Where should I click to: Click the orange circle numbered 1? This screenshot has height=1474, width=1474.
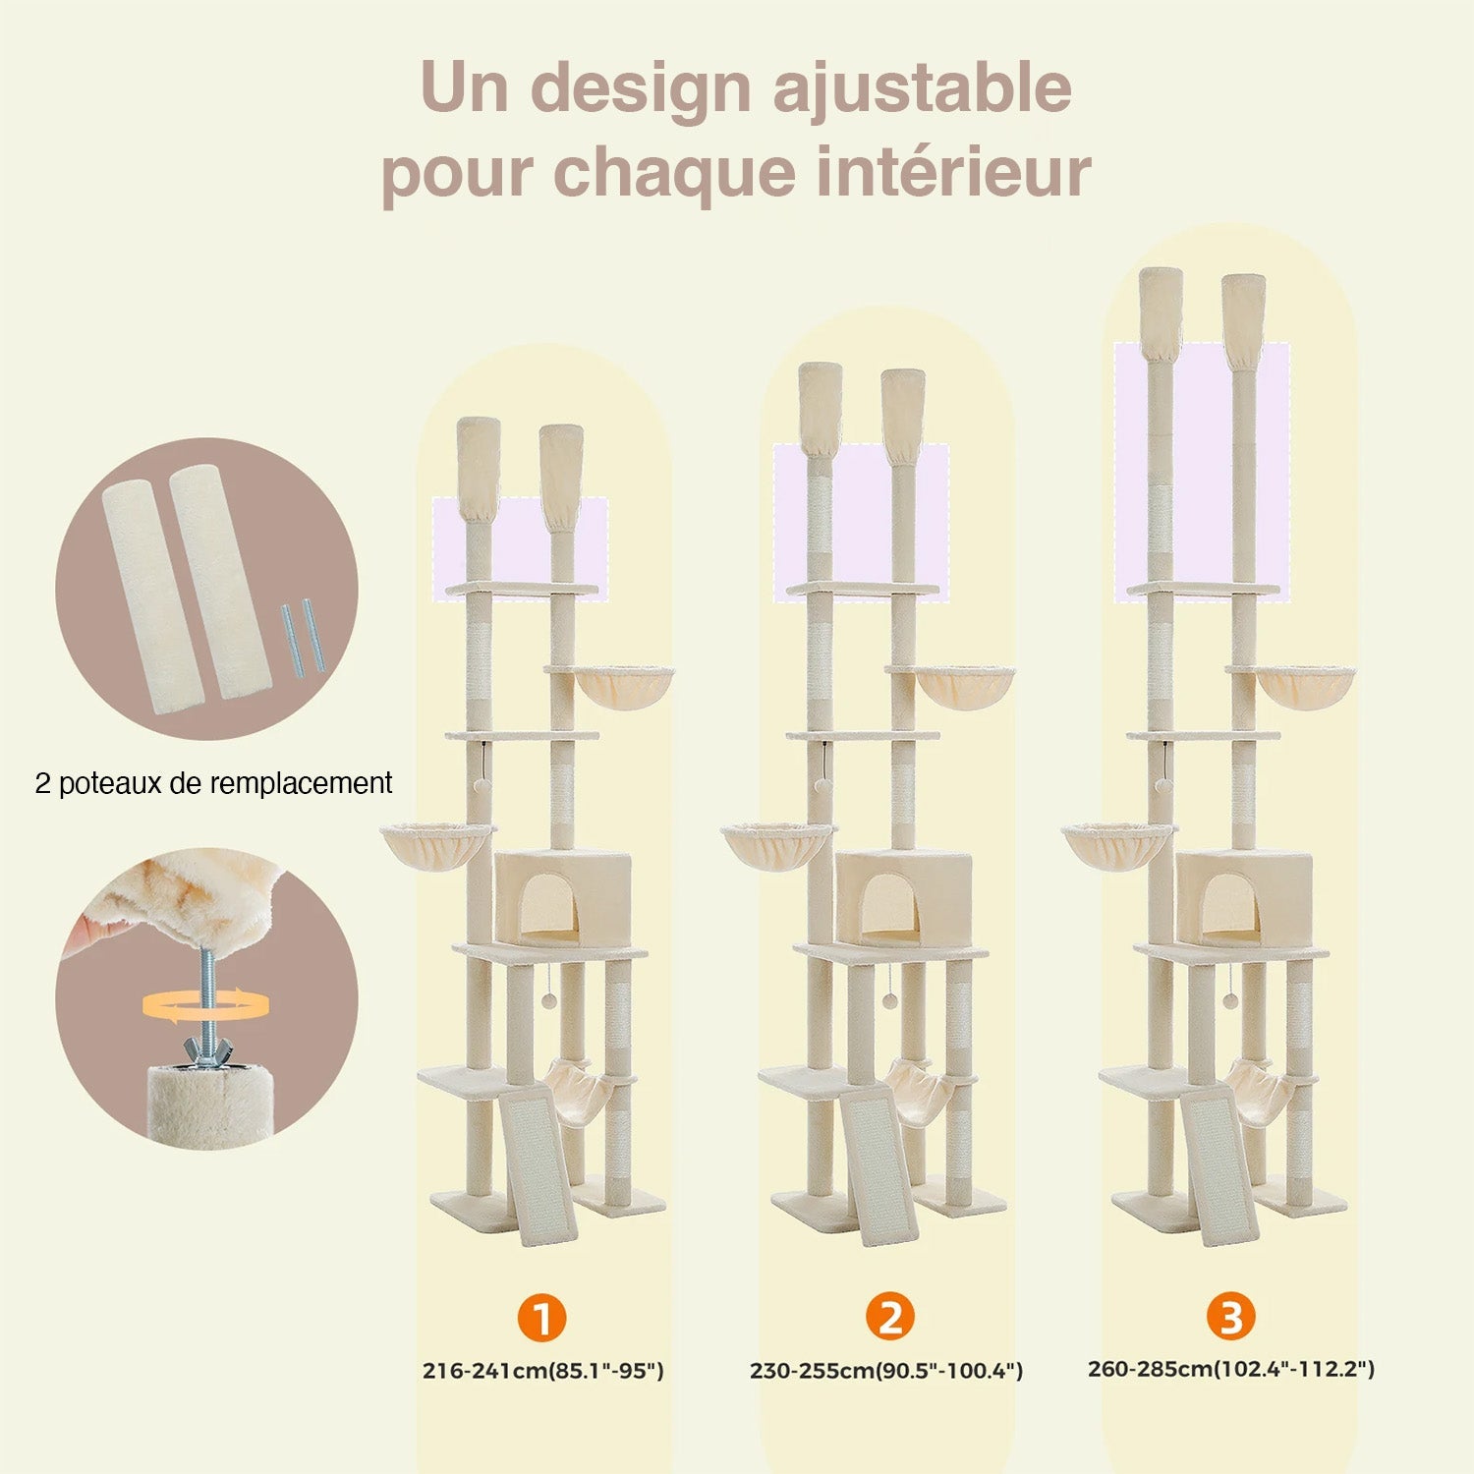tap(541, 1317)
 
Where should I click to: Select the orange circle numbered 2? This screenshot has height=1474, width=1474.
tap(890, 1317)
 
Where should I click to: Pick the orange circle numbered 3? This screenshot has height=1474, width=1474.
tap(1231, 1316)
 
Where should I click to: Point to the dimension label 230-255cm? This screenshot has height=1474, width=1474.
tap(812, 1371)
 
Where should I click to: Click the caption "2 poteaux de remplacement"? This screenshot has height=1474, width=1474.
tap(213, 783)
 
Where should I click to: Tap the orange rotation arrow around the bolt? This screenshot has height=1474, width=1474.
tap(206, 1004)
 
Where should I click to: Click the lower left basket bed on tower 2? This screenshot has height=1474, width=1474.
tap(776, 845)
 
